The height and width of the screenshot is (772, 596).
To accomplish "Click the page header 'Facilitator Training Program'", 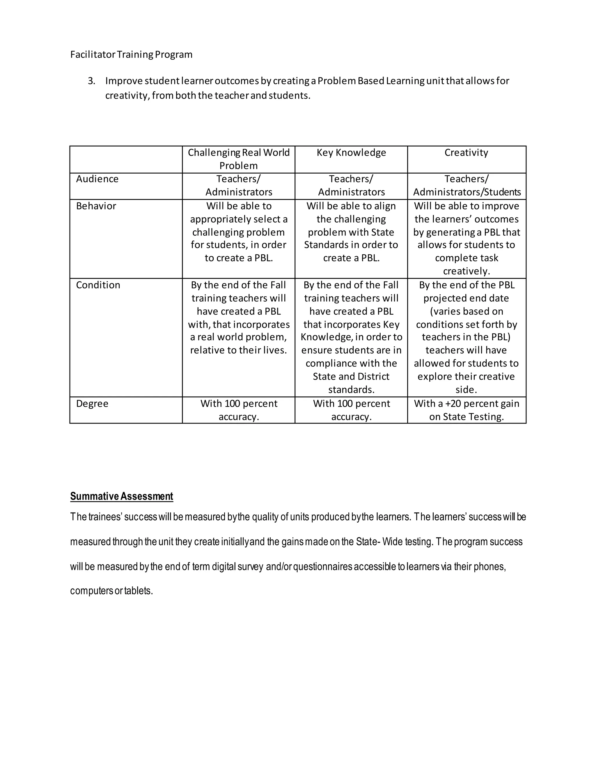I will [x=131, y=54].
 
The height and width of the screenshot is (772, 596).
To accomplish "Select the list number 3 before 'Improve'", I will [x=91, y=81].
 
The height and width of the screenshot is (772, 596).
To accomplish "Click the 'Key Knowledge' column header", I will [x=351, y=153].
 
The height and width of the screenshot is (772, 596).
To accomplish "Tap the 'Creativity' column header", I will [x=466, y=153].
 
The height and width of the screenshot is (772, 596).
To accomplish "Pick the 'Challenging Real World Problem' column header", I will [x=238, y=159].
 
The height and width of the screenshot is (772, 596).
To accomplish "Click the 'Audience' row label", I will [x=97, y=179].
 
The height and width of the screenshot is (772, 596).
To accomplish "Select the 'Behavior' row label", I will [x=96, y=206].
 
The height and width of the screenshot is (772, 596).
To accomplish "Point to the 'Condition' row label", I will [x=98, y=285].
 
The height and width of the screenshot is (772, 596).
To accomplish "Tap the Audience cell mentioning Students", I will [x=466, y=186].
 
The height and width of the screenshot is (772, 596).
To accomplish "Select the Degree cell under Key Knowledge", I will [x=351, y=410].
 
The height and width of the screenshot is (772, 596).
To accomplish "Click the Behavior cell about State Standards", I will [x=351, y=232].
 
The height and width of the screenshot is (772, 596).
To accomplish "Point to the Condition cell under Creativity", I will [x=466, y=337].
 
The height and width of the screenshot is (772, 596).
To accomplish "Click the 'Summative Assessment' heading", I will [x=121, y=496].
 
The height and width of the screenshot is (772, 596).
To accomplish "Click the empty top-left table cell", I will [x=126, y=159].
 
